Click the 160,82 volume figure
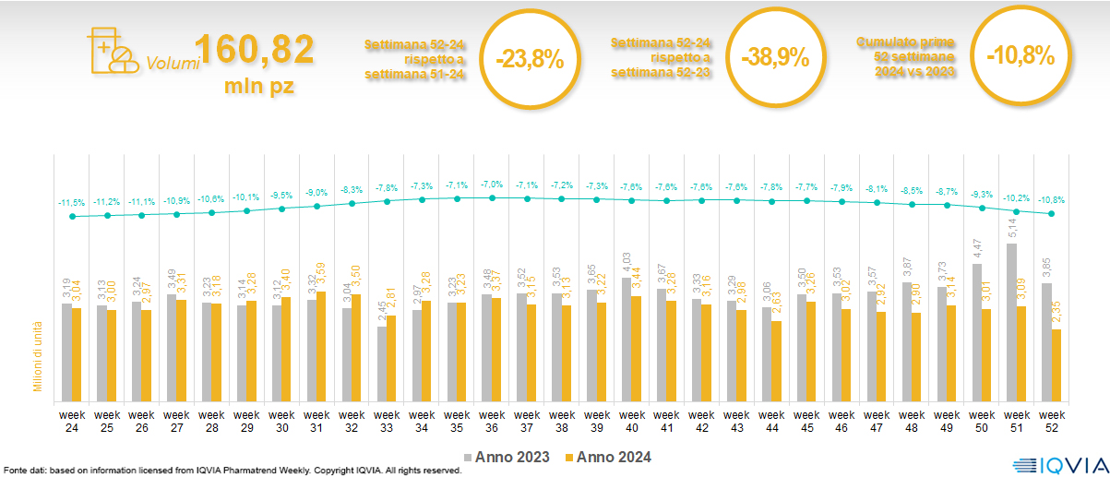[x=255, y=52]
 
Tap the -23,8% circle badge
[x=529, y=58]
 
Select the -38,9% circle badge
[x=774, y=58]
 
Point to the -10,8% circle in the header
[x=1020, y=55]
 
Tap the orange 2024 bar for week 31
[x=321, y=344]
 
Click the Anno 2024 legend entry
[x=608, y=457]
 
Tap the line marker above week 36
[x=492, y=197]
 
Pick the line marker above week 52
[x=1052, y=214]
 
